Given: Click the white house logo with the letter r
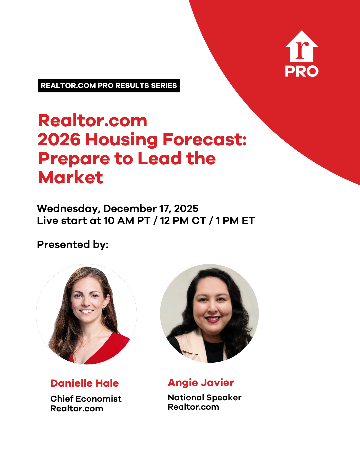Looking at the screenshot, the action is [302, 46].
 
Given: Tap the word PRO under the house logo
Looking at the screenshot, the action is [302, 71].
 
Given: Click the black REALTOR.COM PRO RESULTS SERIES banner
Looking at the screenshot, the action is [109, 86].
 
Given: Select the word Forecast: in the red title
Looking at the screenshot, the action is [205, 139].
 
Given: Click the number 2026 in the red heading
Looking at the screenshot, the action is [59, 139].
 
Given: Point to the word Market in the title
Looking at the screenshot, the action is [70, 177].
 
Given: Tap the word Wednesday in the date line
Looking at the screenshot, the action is [67, 209].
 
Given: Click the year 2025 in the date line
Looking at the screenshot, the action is [186, 208].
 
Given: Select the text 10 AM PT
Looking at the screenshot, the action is [127, 221].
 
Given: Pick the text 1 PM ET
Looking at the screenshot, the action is [235, 221].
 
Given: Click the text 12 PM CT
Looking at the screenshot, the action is [183, 221].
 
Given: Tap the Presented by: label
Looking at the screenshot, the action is [73, 244].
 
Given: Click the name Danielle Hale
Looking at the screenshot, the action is [85, 383].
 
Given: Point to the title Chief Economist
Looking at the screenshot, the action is [86, 399].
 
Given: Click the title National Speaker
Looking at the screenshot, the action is [205, 398].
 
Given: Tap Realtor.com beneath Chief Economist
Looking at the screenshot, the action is [77, 409].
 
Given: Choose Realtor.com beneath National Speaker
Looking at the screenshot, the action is [193, 407].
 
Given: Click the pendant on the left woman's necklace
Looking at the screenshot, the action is [84, 346].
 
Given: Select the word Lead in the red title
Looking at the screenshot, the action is [160, 159].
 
